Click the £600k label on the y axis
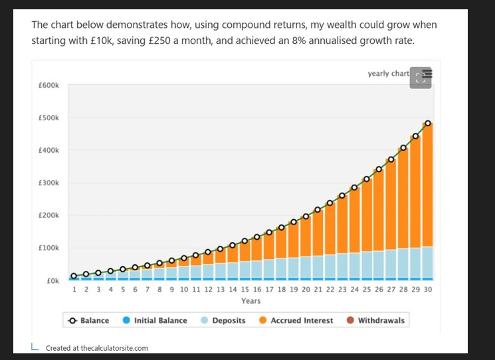click(49, 86)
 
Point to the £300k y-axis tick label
click(49, 183)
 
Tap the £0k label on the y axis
click(53, 281)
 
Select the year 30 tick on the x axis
click(427, 290)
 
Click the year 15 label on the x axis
click(245, 290)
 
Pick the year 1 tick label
click(74, 290)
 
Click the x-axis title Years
click(250, 301)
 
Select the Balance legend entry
click(89, 320)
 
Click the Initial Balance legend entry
click(155, 320)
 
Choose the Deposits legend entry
click(223, 320)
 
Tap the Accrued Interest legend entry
click(296, 320)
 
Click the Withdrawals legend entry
click(375, 320)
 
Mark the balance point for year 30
click(428, 124)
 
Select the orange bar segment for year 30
click(428, 186)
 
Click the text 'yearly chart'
click(388, 73)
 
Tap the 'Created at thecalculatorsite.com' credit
click(96, 347)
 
